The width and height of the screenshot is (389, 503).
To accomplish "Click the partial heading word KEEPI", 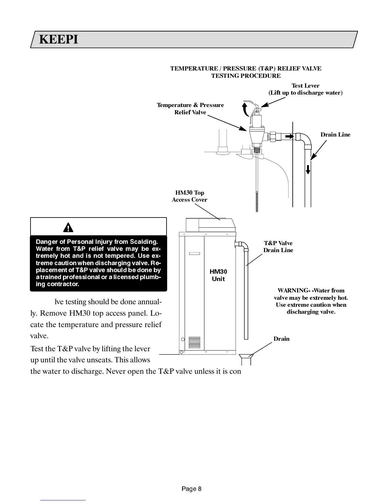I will click(58, 40).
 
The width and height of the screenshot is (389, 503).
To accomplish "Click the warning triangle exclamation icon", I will click(68, 227).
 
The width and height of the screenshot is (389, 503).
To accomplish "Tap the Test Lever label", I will click(305, 86).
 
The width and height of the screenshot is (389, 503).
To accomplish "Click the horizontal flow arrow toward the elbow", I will click(289, 136).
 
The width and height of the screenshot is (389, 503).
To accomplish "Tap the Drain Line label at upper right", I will click(335, 135).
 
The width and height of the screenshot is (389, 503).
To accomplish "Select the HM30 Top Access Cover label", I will click(189, 196).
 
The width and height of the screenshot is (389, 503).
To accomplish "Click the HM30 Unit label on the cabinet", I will click(218, 275).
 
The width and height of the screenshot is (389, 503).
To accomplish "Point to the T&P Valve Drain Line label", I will click(278, 247).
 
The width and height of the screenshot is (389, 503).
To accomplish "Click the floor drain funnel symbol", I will click(246, 358).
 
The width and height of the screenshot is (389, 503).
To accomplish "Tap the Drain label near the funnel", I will click(281, 339).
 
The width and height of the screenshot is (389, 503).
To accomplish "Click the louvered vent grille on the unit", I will click(194, 343).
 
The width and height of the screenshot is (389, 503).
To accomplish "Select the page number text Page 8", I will click(191, 489).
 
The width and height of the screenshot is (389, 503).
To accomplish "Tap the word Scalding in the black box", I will click(144, 242).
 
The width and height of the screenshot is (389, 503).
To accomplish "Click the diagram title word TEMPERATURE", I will click(194, 69).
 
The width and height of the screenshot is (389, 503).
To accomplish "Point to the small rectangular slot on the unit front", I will click(194, 253).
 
